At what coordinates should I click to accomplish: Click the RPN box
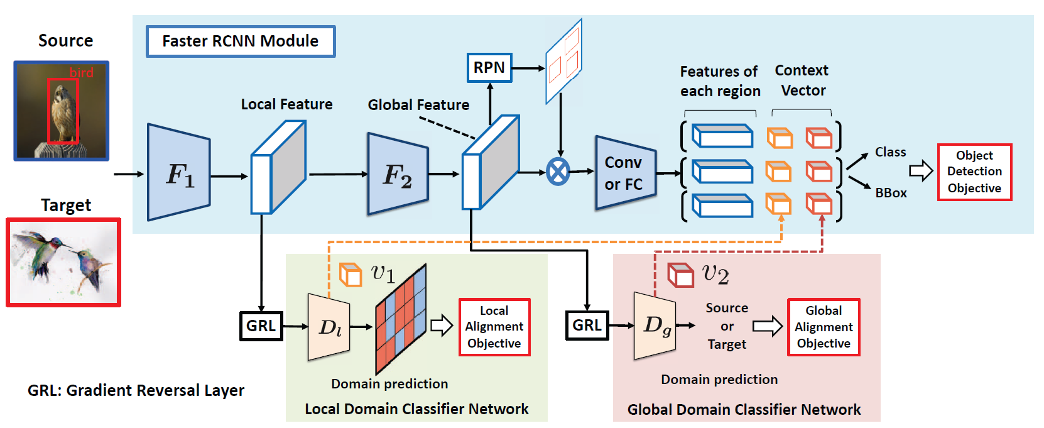(489, 68)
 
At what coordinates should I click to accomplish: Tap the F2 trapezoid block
(398, 174)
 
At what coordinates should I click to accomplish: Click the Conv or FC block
(625, 173)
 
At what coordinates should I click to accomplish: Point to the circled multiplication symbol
(558, 172)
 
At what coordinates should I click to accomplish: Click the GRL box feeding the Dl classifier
(261, 326)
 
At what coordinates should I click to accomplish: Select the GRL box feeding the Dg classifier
(587, 325)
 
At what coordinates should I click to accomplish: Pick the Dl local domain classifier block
(329, 327)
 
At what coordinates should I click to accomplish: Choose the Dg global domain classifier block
(655, 326)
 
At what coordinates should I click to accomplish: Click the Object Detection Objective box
(974, 172)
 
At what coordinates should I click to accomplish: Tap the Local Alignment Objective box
(494, 327)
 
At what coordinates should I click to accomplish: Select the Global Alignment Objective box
(824, 327)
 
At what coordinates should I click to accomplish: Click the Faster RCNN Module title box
(241, 41)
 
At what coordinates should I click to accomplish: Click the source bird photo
(62, 111)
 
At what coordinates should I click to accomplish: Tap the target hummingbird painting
(63, 262)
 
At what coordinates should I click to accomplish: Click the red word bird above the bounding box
(82, 73)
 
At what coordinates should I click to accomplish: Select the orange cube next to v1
(351, 275)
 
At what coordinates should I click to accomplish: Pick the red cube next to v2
(680, 275)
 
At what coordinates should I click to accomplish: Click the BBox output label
(891, 193)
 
